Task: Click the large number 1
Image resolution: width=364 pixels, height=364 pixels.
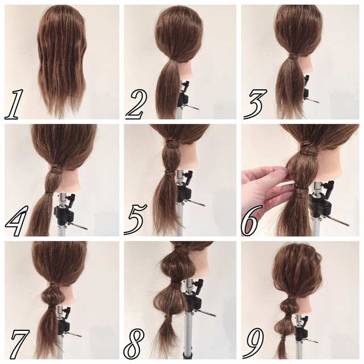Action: pyautogui.click(x=14, y=105)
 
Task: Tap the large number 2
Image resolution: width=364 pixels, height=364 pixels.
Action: pyautogui.click(x=136, y=105)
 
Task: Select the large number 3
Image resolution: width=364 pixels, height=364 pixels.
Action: pyautogui.click(x=255, y=104)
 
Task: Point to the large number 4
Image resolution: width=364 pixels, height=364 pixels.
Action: pyautogui.click(x=16, y=221)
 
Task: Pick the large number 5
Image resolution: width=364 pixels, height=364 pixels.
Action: pyautogui.click(x=135, y=220)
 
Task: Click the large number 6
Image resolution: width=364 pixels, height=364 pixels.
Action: pyautogui.click(x=249, y=221)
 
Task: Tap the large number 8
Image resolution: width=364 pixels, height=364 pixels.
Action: pyautogui.click(x=134, y=344)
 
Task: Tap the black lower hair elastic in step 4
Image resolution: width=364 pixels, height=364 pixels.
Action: pyautogui.click(x=49, y=193)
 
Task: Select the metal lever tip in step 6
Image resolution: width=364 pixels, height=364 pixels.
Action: pyautogui.click(x=348, y=225)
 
